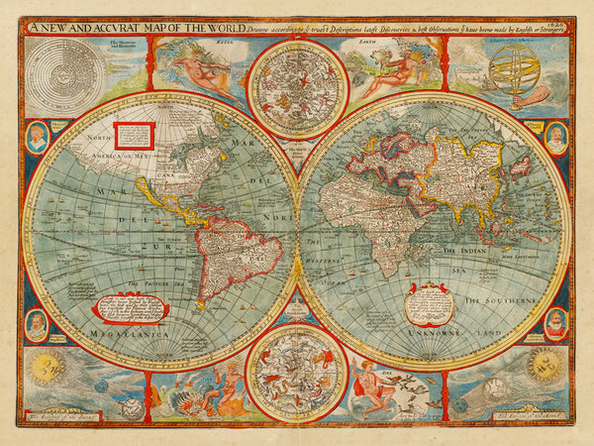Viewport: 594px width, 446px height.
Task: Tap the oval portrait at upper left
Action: coord(37,137)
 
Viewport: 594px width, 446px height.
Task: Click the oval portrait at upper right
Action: coord(555,138)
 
